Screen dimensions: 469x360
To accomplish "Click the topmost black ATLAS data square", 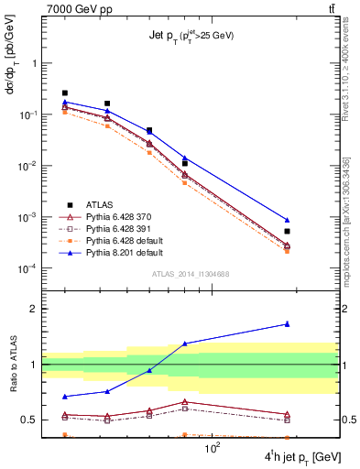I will [65, 93].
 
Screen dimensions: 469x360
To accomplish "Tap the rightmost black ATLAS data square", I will [287, 231].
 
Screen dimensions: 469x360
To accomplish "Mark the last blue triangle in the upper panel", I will [287, 220].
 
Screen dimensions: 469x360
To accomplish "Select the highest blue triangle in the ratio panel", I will [287, 323].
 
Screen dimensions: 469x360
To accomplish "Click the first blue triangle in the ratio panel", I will [65, 397].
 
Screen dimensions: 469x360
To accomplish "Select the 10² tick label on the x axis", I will [214, 448].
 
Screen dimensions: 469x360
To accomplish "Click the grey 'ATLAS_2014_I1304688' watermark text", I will [190, 274].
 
